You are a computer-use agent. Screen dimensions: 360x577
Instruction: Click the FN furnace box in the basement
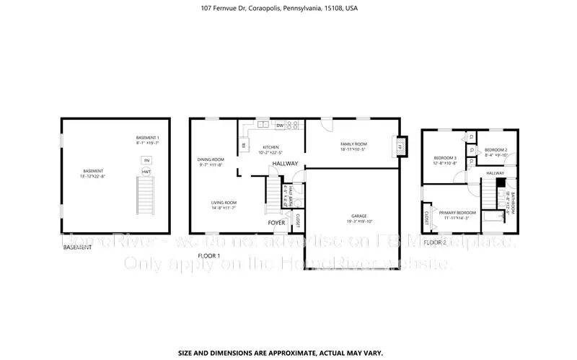pos(146,160)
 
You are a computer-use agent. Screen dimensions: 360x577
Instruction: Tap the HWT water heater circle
pos(146,171)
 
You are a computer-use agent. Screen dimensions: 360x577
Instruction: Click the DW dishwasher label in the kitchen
pos(279,126)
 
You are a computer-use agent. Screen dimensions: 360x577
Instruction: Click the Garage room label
pos(358,216)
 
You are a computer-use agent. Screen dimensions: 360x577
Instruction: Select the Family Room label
pos(353,144)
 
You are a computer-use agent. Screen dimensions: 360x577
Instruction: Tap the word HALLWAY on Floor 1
pos(284,164)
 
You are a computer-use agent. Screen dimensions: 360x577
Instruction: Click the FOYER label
pos(277,223)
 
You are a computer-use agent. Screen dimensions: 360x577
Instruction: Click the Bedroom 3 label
pos(445,157)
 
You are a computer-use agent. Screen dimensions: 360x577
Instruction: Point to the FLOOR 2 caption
pos(435,243)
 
